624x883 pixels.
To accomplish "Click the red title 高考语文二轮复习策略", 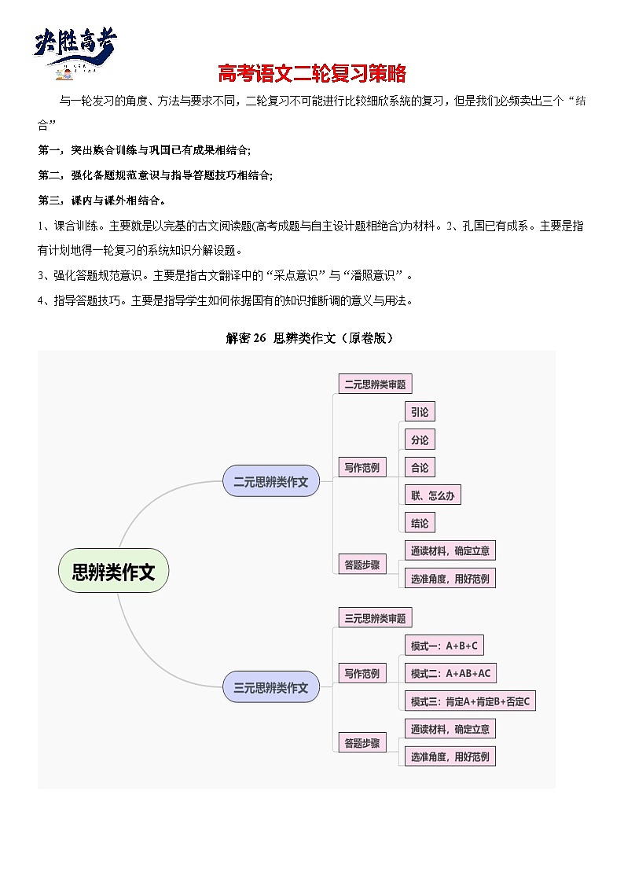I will tap(312, 74).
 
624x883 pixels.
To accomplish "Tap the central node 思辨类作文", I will tap(114, 572).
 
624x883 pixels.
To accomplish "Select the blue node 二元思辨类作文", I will tap(271, 481).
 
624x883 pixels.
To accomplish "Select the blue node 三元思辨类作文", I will tap(271, 687).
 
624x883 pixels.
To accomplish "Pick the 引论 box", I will tap(420, 411).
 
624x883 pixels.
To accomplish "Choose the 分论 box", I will tap(420, 440).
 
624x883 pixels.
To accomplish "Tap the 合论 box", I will tap(420, 467).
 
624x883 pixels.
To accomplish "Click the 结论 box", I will tap(420, 523).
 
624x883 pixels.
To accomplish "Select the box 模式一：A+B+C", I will tap(444, 646).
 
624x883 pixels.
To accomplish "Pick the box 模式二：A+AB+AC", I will tap(450, 673).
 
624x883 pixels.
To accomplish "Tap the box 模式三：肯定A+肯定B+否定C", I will tap(470, 701).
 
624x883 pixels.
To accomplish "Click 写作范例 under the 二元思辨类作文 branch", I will tap(362, 468).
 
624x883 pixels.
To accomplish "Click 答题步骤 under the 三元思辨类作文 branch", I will tap(362, 742).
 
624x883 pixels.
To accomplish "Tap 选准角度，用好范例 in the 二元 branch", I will tap(450, 579).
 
